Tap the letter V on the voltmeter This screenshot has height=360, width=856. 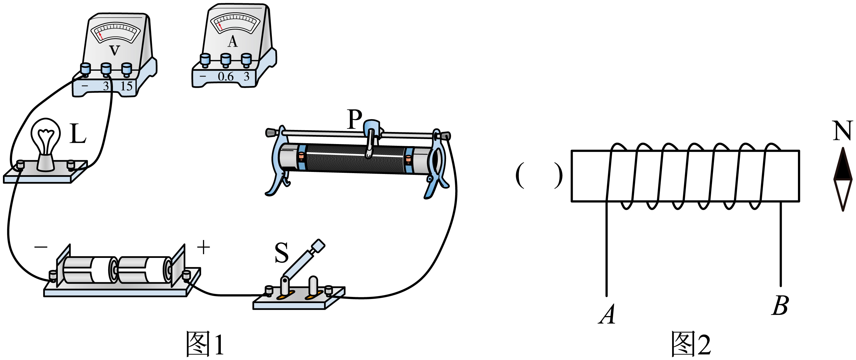tap(114, 50)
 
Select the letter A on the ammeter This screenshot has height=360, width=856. tap(233, 42)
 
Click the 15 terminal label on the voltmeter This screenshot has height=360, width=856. tap(126, 86)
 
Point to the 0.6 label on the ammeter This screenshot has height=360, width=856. tap(226, 77)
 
